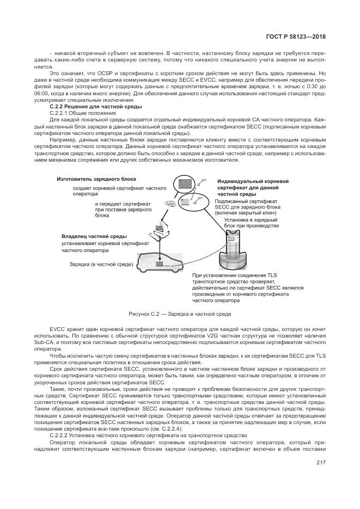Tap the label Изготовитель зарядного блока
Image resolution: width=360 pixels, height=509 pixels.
click(96, 179)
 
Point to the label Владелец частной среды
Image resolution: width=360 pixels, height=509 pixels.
click(94, 237)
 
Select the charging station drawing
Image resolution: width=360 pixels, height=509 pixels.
click(233, 248)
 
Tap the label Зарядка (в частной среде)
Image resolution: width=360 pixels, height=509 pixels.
click(102, 264)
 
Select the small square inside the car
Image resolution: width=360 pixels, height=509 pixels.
click(159, 265)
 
